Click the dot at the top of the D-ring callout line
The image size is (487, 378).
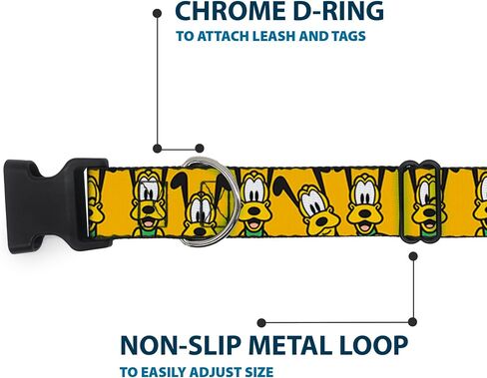pyautogui.click(x=157, y=13)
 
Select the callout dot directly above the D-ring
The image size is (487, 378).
pyautogui.click(x=200, y=149)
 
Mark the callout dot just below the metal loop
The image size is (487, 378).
pyautogui.click(x=413, y=256)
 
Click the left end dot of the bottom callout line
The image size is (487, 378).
pyautogui.click(x=261, y=322)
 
